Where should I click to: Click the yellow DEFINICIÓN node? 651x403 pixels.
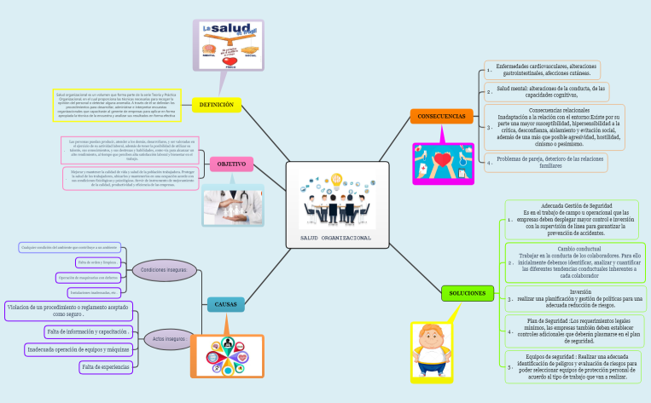click(217, 105)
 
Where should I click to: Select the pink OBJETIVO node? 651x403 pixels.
click(231, 163)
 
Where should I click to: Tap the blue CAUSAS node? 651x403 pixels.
click(225, 303)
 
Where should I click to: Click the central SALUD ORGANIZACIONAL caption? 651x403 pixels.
click(335, 237)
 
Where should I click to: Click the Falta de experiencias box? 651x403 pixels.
click(105, 366)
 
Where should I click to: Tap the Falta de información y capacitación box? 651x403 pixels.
click(88, 331)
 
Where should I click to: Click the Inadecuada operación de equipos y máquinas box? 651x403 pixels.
click(78, 349)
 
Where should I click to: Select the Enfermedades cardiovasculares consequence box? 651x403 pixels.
click(546, 68)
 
